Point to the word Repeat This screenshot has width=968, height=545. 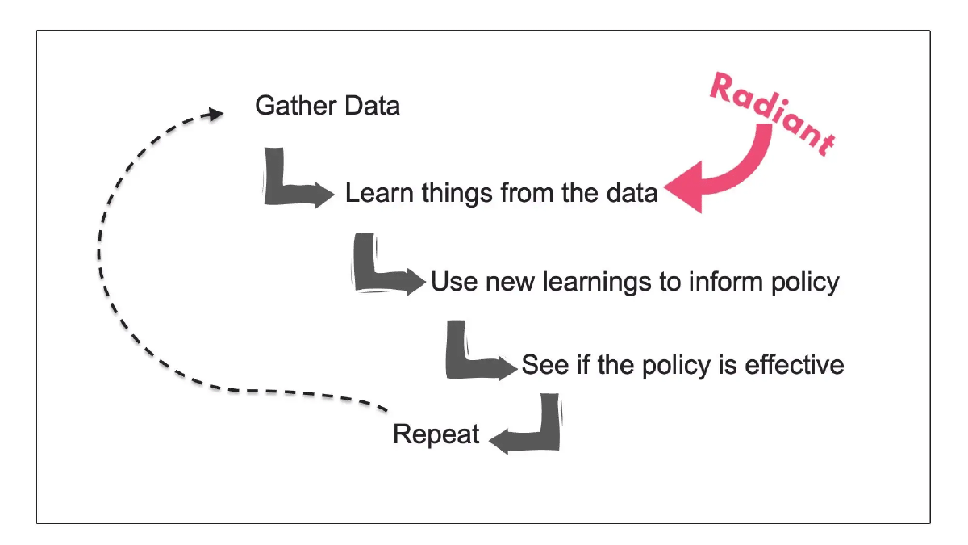point(436,434)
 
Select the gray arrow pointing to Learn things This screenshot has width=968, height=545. point(294,182)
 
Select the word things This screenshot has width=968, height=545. point(456,194)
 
